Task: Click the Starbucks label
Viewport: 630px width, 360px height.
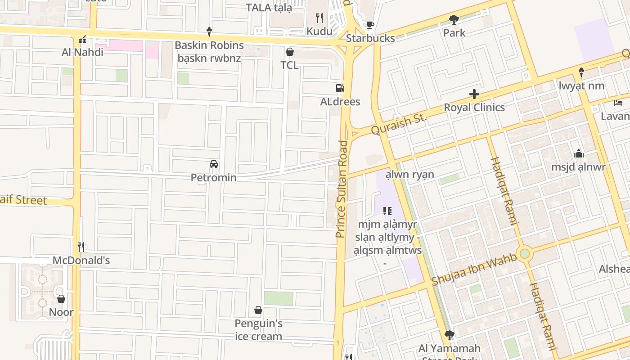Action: [x=370, y=38]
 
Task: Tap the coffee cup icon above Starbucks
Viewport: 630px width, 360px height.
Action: [x=370, y=24]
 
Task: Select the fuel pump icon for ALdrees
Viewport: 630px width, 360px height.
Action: [x=340, y=88]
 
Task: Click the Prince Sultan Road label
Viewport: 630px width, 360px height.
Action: [x=342, y=189]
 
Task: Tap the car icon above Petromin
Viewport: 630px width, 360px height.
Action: [x=214, y=164]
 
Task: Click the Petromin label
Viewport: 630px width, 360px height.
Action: [x=214, y=178]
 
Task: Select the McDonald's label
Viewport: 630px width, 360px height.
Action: [x=81, y=261]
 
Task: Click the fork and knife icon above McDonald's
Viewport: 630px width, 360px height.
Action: [x=81, y=247]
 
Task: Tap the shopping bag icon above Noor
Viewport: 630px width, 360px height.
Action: [x=61, y=299]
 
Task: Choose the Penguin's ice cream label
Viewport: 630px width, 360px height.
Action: [x=259, y=330]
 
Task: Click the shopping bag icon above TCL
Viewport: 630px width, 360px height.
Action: [x=290, y=52]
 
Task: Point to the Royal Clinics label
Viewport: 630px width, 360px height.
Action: [x=474, y=108]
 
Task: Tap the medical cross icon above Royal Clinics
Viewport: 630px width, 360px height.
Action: [x=474, y=94]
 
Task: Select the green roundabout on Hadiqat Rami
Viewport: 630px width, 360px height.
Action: [x=525, y=254]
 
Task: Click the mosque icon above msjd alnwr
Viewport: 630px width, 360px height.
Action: [x=579, y=153]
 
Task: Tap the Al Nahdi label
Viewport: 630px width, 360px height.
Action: [x=82, y=52]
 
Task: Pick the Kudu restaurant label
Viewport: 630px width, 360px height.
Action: [x=319, y=31]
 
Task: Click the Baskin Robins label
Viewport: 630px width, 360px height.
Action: [x=209, y=45]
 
